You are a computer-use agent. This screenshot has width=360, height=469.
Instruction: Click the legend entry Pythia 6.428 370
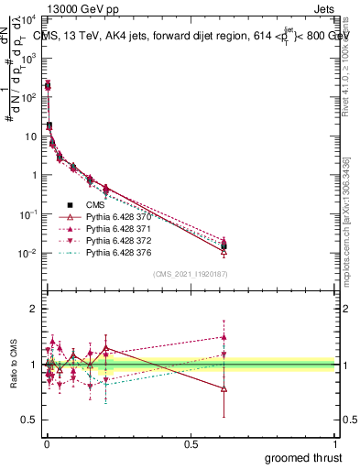(115, 216)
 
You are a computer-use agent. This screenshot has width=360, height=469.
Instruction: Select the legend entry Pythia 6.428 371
(115, 228)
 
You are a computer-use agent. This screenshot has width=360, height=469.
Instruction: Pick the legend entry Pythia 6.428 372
(115, 240)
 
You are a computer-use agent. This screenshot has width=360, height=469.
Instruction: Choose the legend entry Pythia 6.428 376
(115, 252)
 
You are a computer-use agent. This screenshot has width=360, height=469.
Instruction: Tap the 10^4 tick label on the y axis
(27, 18)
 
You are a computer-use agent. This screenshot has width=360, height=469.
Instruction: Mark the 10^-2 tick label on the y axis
(27, 253)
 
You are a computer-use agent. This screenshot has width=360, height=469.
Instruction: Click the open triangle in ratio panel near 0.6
(224, 388)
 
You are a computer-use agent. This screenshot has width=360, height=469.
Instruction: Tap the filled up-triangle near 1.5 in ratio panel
(224, 336)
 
